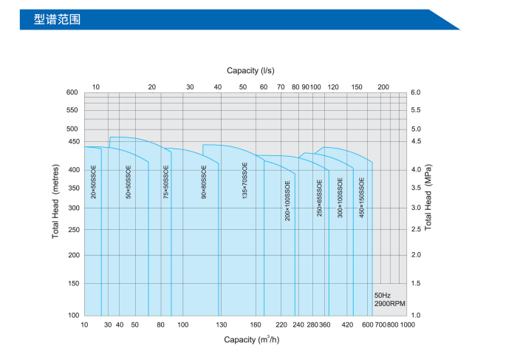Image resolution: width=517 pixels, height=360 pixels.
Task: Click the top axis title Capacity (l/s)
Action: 250,70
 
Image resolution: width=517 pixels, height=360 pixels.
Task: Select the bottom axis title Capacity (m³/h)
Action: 250,339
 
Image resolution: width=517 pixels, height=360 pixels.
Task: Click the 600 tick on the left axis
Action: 72,92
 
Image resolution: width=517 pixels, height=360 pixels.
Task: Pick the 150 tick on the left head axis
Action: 72,283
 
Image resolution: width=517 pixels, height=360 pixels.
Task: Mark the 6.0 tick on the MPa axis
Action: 415,92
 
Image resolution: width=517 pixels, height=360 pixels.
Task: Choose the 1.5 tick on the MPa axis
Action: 415,283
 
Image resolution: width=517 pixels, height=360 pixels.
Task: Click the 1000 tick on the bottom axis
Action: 407,325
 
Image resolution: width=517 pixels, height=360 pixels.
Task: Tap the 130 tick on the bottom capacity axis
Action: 221,325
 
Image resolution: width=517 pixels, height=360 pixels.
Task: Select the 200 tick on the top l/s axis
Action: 383,87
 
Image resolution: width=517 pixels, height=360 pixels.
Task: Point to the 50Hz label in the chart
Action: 383,295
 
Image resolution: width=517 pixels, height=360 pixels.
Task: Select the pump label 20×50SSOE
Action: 94,182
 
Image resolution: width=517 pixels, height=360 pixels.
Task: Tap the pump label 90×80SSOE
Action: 204,182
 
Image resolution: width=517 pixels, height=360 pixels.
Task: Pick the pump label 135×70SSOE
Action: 244,182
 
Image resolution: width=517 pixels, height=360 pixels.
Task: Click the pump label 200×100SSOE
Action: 287,200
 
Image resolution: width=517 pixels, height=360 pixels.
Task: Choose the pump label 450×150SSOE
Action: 362,197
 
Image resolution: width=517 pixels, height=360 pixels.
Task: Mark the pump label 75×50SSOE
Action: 166,182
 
